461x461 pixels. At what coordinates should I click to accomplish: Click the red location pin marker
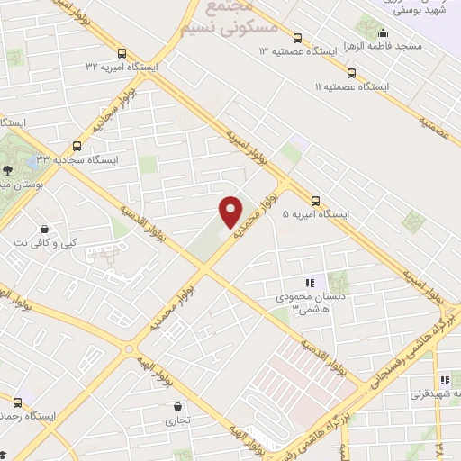point(231,212)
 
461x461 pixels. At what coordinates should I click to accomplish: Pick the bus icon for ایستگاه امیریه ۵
point(315,201)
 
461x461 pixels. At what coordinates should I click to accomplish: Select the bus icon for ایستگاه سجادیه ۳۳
point(77,145)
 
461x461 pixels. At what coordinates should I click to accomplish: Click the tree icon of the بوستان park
point(7,168)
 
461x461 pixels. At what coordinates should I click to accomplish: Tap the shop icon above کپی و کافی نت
point(44,229)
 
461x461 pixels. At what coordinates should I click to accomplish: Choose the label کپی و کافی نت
point(44,242)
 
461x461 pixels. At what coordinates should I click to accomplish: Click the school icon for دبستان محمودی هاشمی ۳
point(311,283)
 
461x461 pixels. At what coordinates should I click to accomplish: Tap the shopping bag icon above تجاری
point(176,406)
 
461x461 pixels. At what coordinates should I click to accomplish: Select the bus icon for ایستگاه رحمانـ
point(17,402)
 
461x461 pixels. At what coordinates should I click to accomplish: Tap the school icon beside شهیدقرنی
point(444,381)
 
